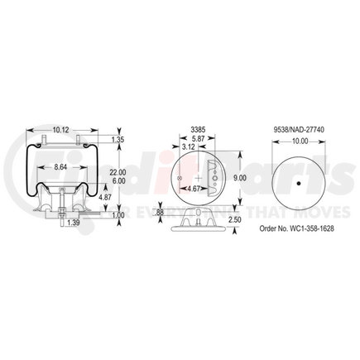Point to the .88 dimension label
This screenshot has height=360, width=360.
160,213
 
